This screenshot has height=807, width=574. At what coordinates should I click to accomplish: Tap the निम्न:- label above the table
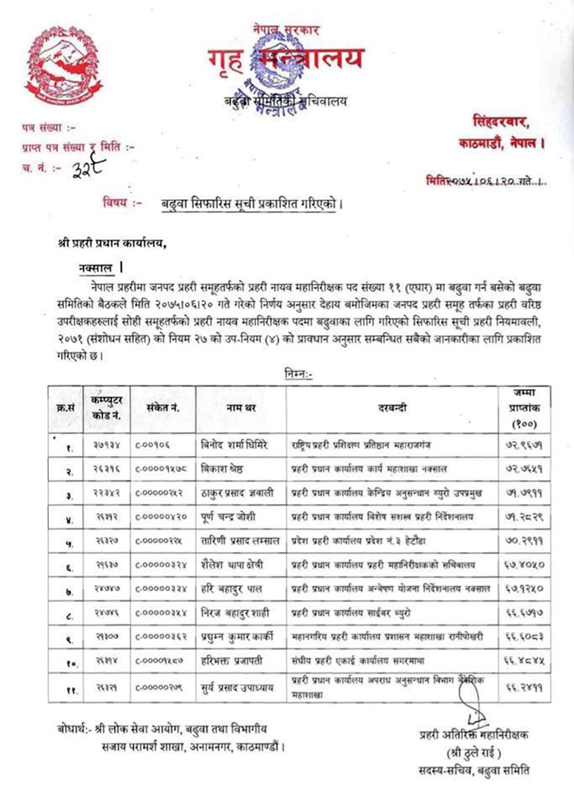tap(298, 372)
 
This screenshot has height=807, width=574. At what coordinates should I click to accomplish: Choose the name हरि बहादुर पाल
tap(232, 589)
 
